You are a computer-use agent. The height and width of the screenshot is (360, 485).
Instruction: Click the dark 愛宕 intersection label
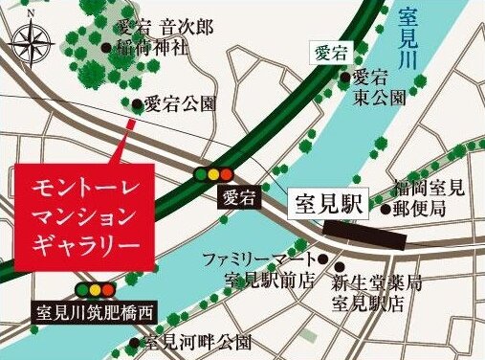pyautogui.click(x=239, y=200)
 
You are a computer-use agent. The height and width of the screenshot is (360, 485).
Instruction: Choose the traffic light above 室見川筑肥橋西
pyautogui.click(x=96, y=288)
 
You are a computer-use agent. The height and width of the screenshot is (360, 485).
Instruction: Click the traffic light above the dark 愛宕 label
pyautogui.click(x=214, y=173)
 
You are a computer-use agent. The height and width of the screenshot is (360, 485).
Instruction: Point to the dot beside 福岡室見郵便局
pyautogui.click(x=385, y=208)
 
